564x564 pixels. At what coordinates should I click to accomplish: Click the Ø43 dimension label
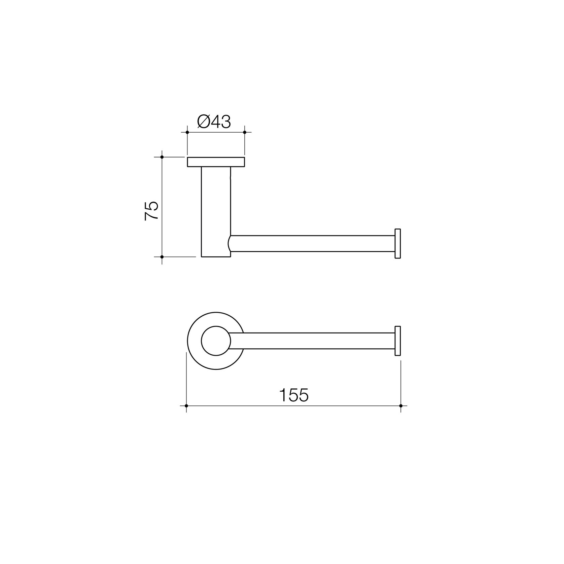(x=214, y=122)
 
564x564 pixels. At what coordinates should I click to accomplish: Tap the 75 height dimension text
(x=151, y=211)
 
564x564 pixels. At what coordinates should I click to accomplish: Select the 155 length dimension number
(x=294, y=395)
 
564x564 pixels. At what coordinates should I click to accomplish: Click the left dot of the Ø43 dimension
(x=187, y=132)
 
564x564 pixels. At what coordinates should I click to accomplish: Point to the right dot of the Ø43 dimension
(x=245, y=132)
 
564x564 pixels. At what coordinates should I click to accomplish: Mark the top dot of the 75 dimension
(x=162, y=157)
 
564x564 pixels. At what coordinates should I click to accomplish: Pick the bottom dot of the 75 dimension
(x=162, y=257)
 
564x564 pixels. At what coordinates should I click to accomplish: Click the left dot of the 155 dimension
(x=186, y=406)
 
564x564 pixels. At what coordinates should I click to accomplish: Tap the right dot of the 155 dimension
(x=401, y=406)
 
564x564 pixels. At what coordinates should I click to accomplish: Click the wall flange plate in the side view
(x=216, y=162)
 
